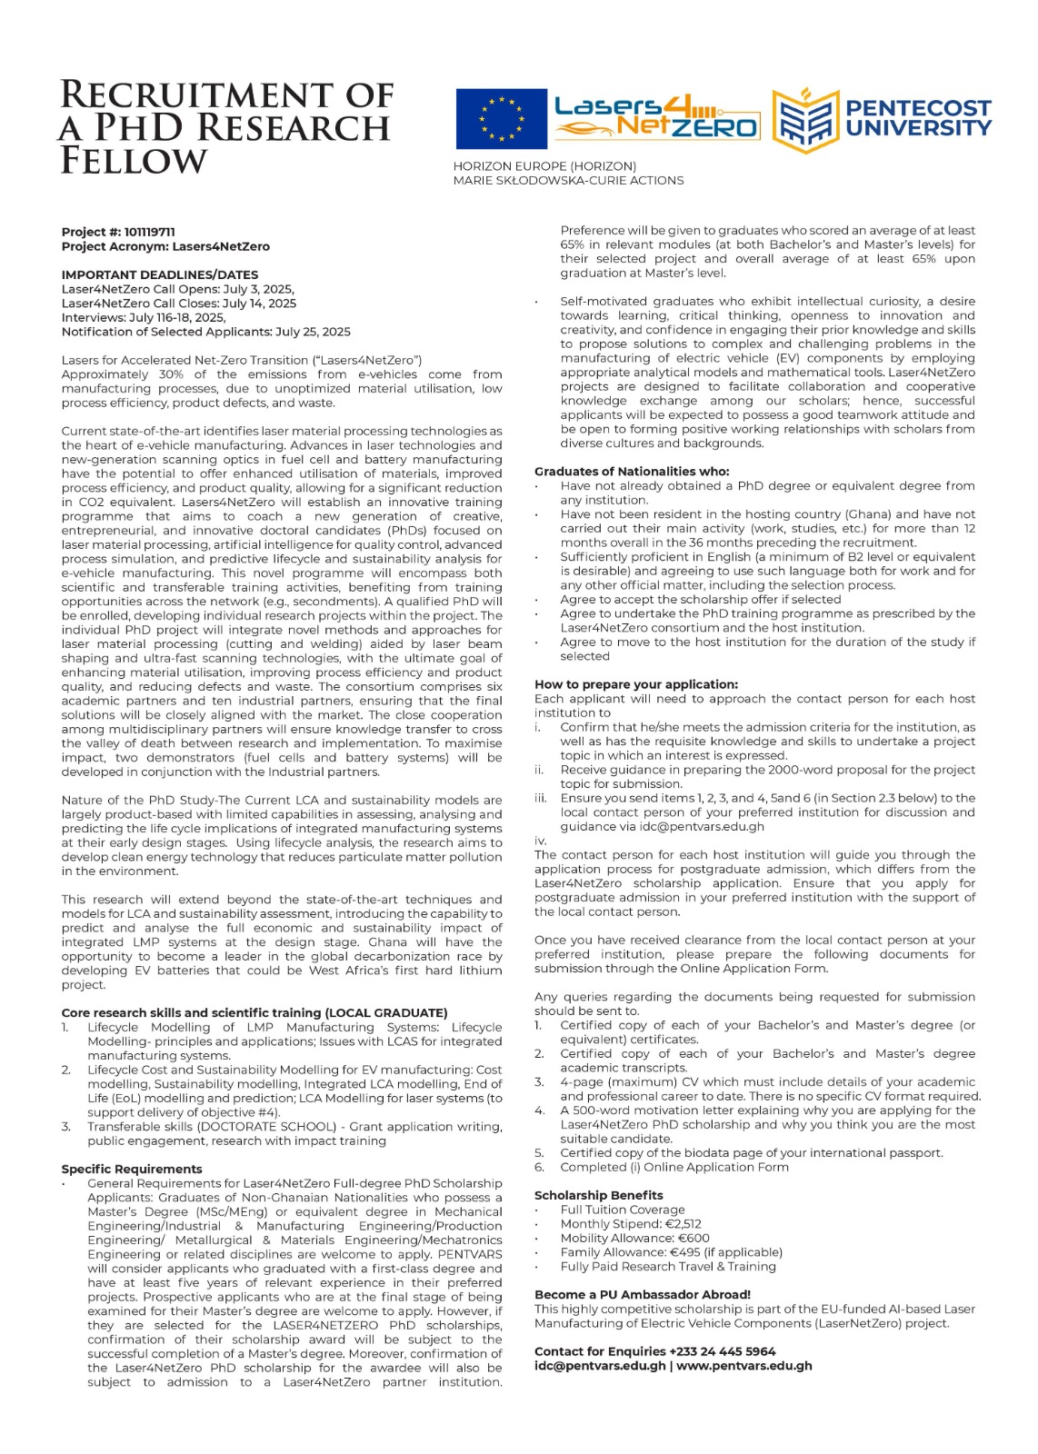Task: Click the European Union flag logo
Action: click(x=501, y=119)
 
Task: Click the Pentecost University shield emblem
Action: click(x=803, y=119)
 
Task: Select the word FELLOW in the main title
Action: click(x=134, y=161)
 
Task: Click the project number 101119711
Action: click(x=150, y=233)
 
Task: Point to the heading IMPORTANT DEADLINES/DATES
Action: click(x=160, y=274)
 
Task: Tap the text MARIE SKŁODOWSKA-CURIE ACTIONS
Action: click(x=568, y=181)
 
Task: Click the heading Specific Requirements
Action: click(x=132, y=1170)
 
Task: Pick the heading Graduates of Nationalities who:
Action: click(x=632, y=472)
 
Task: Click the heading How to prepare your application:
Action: click(x=636, y=684)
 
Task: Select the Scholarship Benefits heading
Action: click(x=599, y=1195)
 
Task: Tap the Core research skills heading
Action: click(x=255, y=1013)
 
